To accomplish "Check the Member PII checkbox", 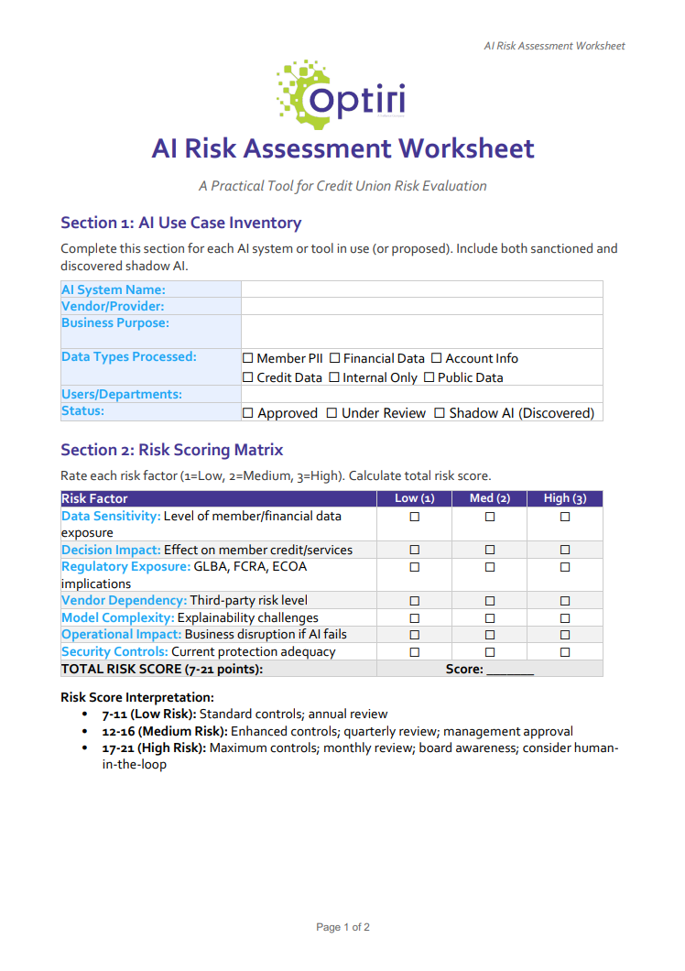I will [248, 358].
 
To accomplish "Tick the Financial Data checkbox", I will [334, 358].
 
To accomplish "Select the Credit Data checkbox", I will [248, 377].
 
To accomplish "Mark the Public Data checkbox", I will [429, 377].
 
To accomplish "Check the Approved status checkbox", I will [248, 413].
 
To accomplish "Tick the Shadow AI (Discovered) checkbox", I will [440, 413].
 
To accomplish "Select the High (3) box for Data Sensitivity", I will [565, 517].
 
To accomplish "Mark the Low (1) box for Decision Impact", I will [414, 550].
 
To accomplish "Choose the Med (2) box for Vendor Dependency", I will [490, 601].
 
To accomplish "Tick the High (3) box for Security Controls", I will [565, 652].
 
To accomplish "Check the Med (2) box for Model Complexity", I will [490, 618].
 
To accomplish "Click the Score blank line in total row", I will [510, 670].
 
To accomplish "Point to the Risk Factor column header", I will [94, 498].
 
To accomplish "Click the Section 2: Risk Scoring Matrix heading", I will [171, 450].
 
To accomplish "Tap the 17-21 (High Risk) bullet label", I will [154, 748].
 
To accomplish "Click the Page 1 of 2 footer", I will [342, 927].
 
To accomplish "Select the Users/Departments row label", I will [121, 394].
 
